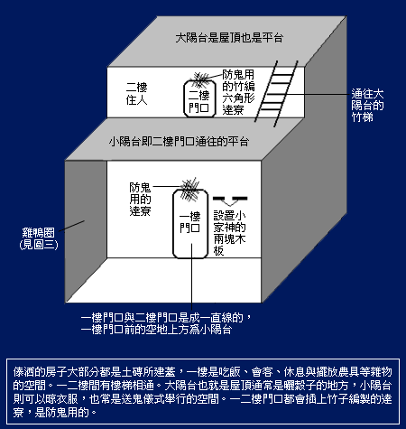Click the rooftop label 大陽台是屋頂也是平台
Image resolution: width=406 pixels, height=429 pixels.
point(229,38)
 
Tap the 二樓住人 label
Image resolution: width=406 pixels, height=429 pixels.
point(136,94)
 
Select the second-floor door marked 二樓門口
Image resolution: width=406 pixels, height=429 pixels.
point(199,98)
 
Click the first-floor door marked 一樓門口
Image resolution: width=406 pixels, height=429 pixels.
point(190,224)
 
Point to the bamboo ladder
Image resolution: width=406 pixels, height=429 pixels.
point(276,94)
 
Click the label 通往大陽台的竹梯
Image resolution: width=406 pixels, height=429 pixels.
point(367,106)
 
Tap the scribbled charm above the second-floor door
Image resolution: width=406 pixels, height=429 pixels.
point(200,79)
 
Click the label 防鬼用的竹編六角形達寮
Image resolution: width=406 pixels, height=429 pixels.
point(238,92)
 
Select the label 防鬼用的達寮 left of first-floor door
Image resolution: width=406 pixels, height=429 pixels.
point(140,199)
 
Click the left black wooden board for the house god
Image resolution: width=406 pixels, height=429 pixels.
point(218,199)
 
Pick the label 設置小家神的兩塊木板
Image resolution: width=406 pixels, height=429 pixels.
point(229,233)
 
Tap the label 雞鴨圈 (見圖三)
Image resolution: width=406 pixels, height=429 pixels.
point(39,238)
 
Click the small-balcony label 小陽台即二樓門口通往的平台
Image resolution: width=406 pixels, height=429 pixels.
point(180,142)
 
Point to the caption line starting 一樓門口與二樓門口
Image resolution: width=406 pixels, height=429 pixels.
point(166,318)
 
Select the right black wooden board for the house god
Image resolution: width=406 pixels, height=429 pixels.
point(240,199)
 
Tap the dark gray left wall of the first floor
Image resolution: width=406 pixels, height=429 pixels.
point(86,231)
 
